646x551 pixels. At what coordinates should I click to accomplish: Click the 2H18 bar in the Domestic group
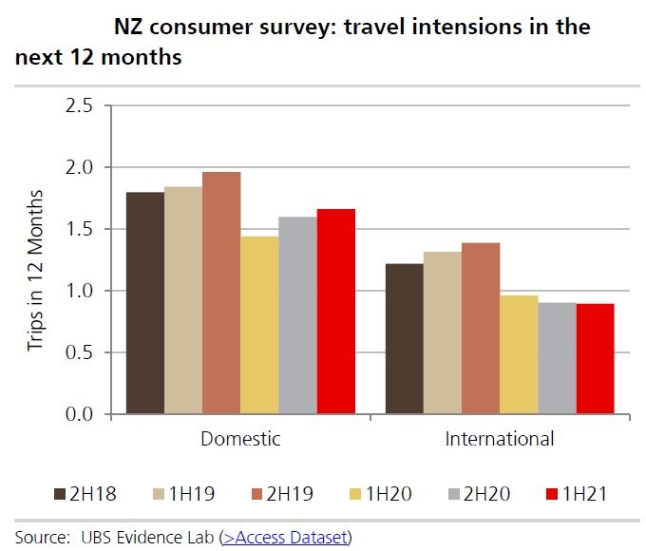coord(145,303)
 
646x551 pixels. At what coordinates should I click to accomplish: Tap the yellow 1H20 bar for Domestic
coord(259,325)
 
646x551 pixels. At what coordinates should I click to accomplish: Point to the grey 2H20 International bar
coord(557,358)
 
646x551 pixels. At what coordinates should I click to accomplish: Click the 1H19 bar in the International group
coord(443,332)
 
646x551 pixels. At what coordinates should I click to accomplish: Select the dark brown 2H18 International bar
coord(405,338)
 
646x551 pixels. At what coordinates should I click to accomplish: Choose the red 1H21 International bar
coord(595,359)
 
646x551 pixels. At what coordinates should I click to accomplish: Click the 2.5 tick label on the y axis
coord(79,105)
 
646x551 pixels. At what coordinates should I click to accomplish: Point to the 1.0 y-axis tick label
coord(79,291)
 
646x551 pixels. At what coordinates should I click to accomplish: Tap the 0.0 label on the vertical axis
coord(79,415)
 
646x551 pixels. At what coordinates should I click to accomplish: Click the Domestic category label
coord(240,440)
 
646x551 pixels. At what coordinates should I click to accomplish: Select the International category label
coord(500,440)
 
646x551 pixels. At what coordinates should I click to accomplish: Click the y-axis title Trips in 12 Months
coord(35,271)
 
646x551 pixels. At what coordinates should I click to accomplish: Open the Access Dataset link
coord(285,538)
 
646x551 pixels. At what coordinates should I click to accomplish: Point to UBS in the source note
coord(89,538)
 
